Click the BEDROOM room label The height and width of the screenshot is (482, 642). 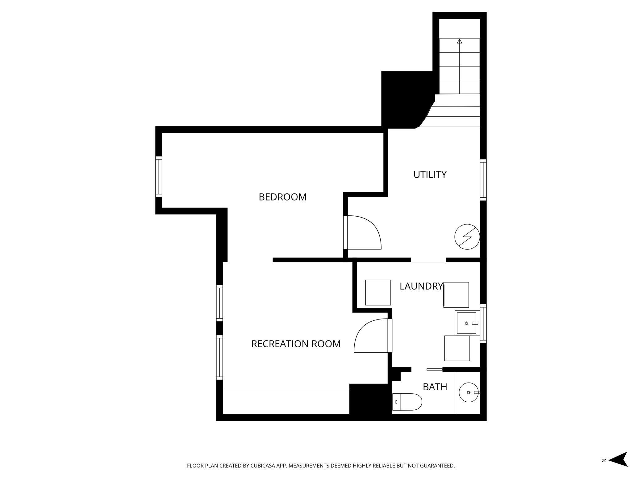pyautogui.click(x=282, y=197)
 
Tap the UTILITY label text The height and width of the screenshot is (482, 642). pyautogui.click(x=430, y=175)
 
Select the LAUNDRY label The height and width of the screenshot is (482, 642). pyautogui.click(x=421, y=286)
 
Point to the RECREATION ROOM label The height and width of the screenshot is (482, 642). pyautogui.click(x=296, y=344)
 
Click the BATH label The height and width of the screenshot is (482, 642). pyautogui.click(x=435, y=387)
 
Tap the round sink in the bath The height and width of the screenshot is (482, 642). pyautogui.click(x=469, y=392)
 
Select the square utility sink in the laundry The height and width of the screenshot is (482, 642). pyautogui.click(x=466, y=323)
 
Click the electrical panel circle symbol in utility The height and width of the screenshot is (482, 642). pyautogui.click(x=467, y=237)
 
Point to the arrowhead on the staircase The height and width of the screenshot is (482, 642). pyautogui.click(x=460, y=41)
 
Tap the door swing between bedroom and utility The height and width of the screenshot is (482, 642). pyautogui.click(x=364, y=232)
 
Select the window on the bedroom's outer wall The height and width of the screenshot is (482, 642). pyautogui.click(x=158, y=177)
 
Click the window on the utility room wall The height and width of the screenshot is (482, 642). pyautogui.click(x=483, y=180)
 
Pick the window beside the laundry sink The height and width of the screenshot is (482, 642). pyautogui.click(x=483, y=323)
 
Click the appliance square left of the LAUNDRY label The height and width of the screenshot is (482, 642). pyautogui.click(x=378, y=292)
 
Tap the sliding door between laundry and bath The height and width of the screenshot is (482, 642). pyautogui.click(x=434, y=369)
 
